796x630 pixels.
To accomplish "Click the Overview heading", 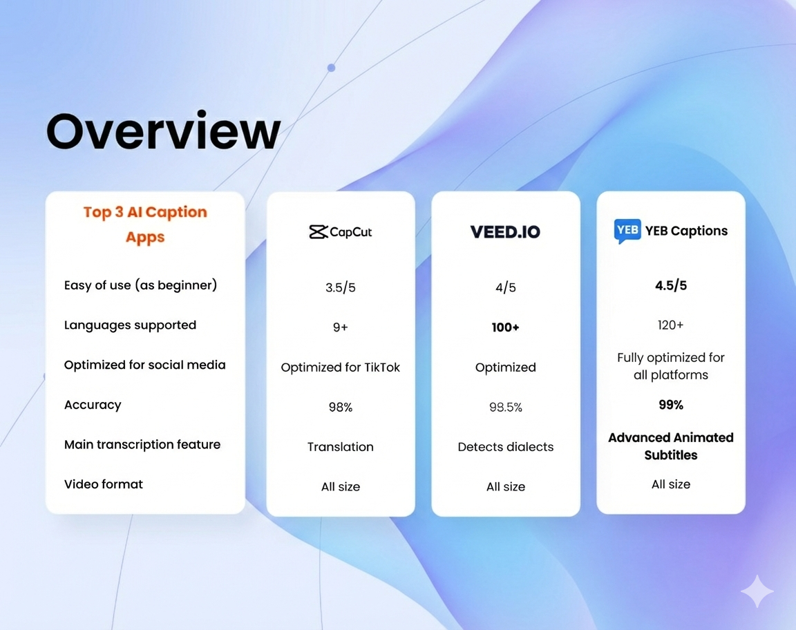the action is [x=163, y=131].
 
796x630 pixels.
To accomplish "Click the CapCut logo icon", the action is [x=319, y=232].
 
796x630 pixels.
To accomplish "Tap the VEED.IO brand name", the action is [x=505, y=232].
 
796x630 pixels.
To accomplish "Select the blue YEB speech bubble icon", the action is [x=627, y=231].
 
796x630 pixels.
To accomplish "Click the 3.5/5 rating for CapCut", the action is [x=340, y=287].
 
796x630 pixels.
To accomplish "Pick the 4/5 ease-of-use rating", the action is [x=506, y=287].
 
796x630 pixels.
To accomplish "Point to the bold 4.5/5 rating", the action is [x=671, y=285].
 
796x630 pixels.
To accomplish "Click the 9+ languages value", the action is [x=340, y=327].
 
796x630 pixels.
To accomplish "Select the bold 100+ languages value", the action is [x=506, y=327].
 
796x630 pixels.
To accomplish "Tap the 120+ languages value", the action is [x=671, y=325].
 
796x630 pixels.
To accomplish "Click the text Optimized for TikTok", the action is [x=340, y=367].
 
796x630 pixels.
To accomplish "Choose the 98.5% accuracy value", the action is [x=506, y=407].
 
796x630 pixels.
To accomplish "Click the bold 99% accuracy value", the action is [x=671, y=405].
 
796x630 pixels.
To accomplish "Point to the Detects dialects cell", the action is [x=506, y=447].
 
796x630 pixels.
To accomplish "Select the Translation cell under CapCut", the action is [x=340, y=447].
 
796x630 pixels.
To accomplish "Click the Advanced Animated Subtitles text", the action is [x=671, y=446].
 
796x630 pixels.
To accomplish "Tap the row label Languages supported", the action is [x=130, y=325].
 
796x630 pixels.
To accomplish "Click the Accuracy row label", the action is [x=93, y=405].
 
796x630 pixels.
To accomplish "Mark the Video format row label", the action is [x=104, y=484].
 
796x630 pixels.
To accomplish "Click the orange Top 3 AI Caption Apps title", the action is [x=145, y=224].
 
